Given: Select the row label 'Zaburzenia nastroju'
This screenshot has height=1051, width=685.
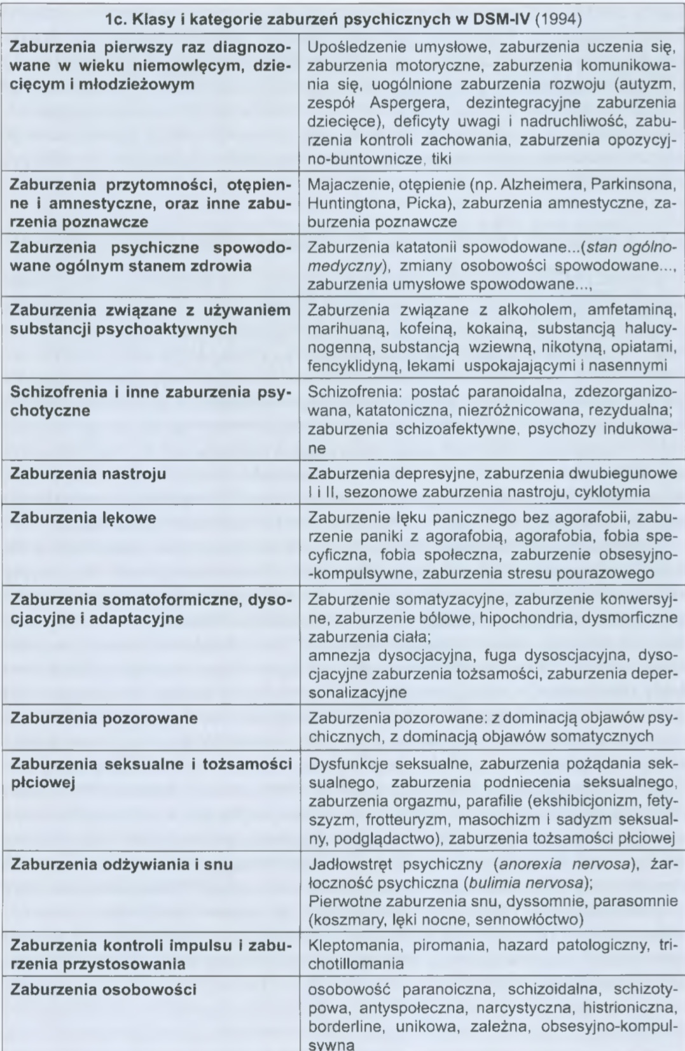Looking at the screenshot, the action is [x=89, y=474].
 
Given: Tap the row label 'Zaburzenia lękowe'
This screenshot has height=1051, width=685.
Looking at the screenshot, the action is [x=83, y=517].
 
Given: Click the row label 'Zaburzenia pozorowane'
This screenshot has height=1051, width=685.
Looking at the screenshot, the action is [x=105, y=718].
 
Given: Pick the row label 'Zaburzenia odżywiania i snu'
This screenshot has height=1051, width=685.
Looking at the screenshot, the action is [x=122, y=864].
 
